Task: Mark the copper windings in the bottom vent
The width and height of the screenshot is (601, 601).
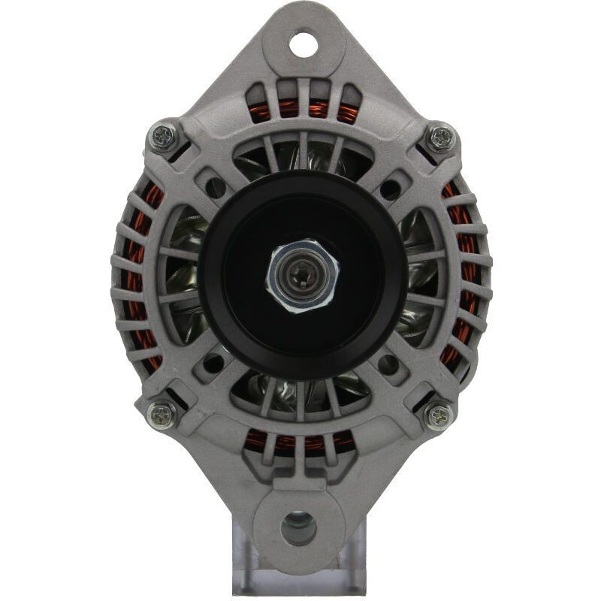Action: point(300,443)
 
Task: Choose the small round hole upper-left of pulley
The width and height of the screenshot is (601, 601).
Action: point(216,187)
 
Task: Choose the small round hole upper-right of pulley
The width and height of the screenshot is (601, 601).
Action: point(389,188)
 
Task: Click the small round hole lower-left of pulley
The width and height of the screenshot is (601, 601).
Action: point(214,364)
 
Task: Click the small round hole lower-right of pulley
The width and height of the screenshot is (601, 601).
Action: point(388,364)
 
